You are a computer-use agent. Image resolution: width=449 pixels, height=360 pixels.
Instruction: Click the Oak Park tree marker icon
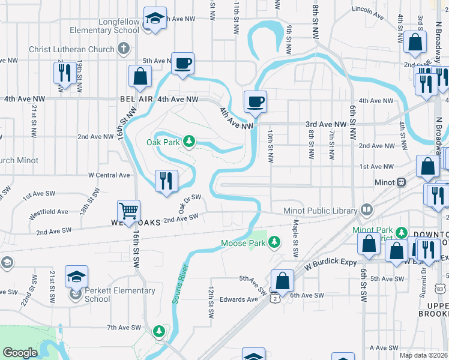[x=190, y=142]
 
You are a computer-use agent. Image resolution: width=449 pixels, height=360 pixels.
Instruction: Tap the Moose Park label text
[x=243, y=243]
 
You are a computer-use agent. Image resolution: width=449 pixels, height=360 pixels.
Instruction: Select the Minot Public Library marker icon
[x=366, y=210]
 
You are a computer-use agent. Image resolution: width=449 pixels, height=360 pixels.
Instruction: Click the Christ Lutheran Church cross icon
[x=123, y=48]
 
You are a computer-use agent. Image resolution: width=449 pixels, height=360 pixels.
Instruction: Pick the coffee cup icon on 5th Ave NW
[x=182, y=62]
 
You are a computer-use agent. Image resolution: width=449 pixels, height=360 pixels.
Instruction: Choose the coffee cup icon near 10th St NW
[x=255, y=101]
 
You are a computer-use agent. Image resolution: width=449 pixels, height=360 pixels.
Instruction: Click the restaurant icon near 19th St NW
[x=64, y=73]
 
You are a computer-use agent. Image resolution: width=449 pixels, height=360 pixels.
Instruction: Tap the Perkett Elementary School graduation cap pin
[x=76, y=277]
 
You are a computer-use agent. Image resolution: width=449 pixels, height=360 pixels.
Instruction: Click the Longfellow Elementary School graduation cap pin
[x=155, y=18]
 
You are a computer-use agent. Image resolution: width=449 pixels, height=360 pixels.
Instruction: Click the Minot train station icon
[x=400, y=182]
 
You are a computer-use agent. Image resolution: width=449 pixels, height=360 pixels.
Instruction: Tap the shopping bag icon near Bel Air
[x=140, y=76]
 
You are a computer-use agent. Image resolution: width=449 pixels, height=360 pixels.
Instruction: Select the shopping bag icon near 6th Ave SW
[x=282, y=280]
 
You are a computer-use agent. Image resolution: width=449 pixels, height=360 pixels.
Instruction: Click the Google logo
[x=20, y=352]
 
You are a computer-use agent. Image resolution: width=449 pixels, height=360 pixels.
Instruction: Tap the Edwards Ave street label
[x=238, y=299]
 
